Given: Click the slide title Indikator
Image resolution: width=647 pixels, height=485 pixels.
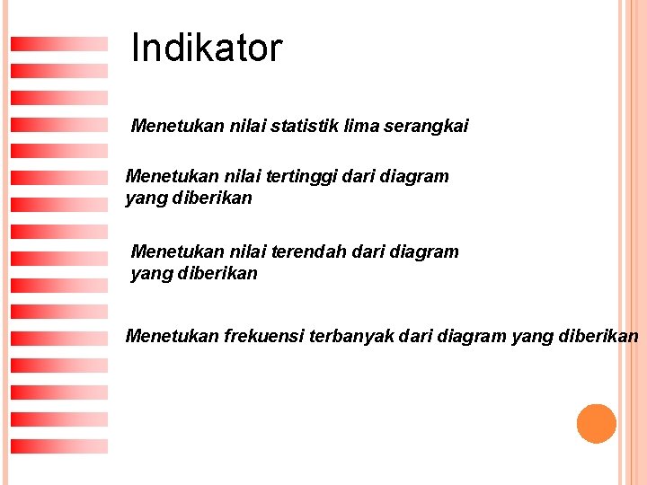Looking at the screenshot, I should point(207,48).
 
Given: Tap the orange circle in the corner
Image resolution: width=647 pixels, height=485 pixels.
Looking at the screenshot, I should point(596,423).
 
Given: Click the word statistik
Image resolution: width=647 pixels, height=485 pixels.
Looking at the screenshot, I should point(300,126).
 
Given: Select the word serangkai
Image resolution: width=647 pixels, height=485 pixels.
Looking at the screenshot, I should point(426,127).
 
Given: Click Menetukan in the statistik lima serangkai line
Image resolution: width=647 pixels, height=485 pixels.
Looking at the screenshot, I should point(174,126).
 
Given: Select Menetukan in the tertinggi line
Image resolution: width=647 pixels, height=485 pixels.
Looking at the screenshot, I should point(169,177).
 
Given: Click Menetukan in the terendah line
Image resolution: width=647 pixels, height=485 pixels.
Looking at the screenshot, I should point(174,252).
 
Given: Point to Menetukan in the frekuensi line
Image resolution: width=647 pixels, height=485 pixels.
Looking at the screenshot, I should point(169,337).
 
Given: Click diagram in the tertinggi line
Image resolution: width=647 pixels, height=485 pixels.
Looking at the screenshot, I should point(414,177).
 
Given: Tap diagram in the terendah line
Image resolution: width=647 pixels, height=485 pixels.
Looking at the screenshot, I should point(423,252).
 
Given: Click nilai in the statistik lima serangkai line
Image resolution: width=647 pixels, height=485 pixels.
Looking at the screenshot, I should point(243,126).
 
